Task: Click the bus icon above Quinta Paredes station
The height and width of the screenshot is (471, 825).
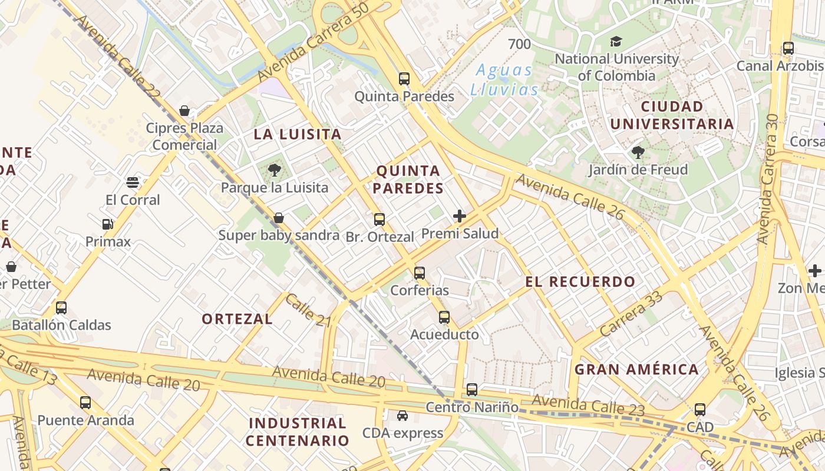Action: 404,78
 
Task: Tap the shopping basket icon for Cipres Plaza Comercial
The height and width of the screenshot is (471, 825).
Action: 184,111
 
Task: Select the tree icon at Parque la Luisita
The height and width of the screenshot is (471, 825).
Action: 274,171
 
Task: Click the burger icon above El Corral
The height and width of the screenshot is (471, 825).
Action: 133,183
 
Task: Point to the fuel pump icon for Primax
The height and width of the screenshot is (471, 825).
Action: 107,224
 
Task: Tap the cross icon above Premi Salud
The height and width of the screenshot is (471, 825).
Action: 460,216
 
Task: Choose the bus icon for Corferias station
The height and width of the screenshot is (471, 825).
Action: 419,273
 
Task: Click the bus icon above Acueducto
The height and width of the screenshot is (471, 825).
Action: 444,317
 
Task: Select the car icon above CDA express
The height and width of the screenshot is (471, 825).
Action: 402,416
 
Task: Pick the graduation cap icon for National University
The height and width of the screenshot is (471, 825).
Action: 616,41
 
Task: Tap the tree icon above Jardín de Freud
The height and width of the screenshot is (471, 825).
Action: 638,152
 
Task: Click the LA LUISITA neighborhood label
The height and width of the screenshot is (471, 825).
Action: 298,134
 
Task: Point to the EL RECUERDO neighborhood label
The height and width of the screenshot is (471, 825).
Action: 580,281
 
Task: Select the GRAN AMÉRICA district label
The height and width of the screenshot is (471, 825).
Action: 636,370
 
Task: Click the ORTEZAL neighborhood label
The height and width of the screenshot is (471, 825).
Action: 237,319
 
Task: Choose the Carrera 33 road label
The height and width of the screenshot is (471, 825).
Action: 631,314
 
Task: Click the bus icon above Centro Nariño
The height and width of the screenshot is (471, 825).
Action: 471,389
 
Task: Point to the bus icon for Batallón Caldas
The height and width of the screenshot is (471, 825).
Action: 61,307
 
